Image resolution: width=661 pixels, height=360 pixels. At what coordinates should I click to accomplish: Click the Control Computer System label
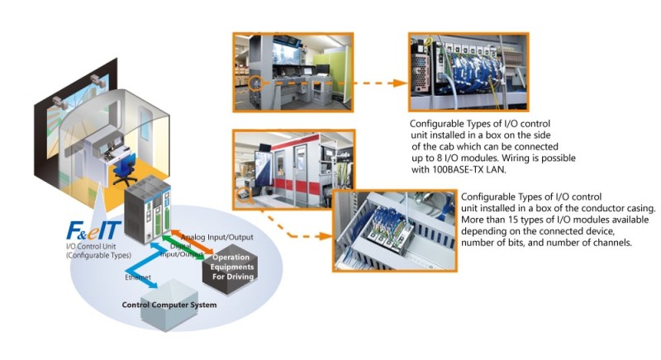click(x=169, y=306)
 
